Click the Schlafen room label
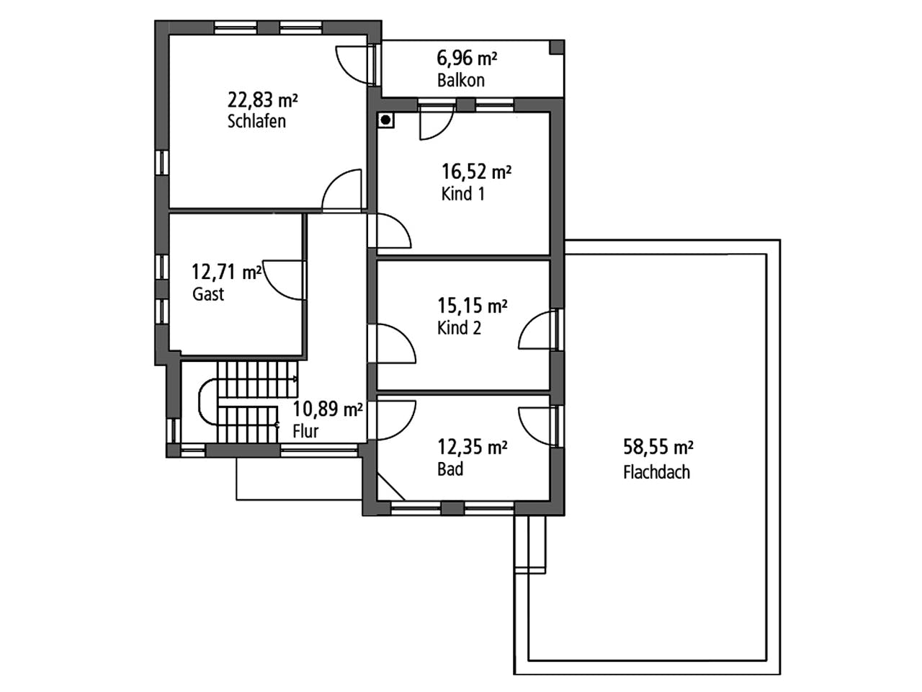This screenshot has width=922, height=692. coord(256,121)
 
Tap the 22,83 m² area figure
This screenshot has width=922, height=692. coord(262,100)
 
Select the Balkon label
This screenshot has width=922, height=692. coord(461,80)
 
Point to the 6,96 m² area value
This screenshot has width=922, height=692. coord(467,58)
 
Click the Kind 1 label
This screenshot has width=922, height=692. coord(463,194)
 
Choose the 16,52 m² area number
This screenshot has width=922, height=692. coord(476,172)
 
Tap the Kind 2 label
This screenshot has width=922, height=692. coord(459,328)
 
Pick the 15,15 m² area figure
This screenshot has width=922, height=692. coord(472,306)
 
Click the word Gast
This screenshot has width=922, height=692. coord(208,293)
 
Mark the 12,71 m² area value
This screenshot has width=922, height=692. coord(226,272)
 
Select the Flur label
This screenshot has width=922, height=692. coord(305,431)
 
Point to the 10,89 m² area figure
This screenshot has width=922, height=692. coord(328,409)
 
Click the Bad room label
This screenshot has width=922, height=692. coord(450,469)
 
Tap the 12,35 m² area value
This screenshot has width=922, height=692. coord(472,447)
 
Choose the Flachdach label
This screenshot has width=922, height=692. coord(656,472)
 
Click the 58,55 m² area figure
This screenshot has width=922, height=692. coord(658,447)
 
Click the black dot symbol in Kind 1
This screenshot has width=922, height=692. coord(385,120)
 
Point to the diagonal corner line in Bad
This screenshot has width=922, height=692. coord(391,487)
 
